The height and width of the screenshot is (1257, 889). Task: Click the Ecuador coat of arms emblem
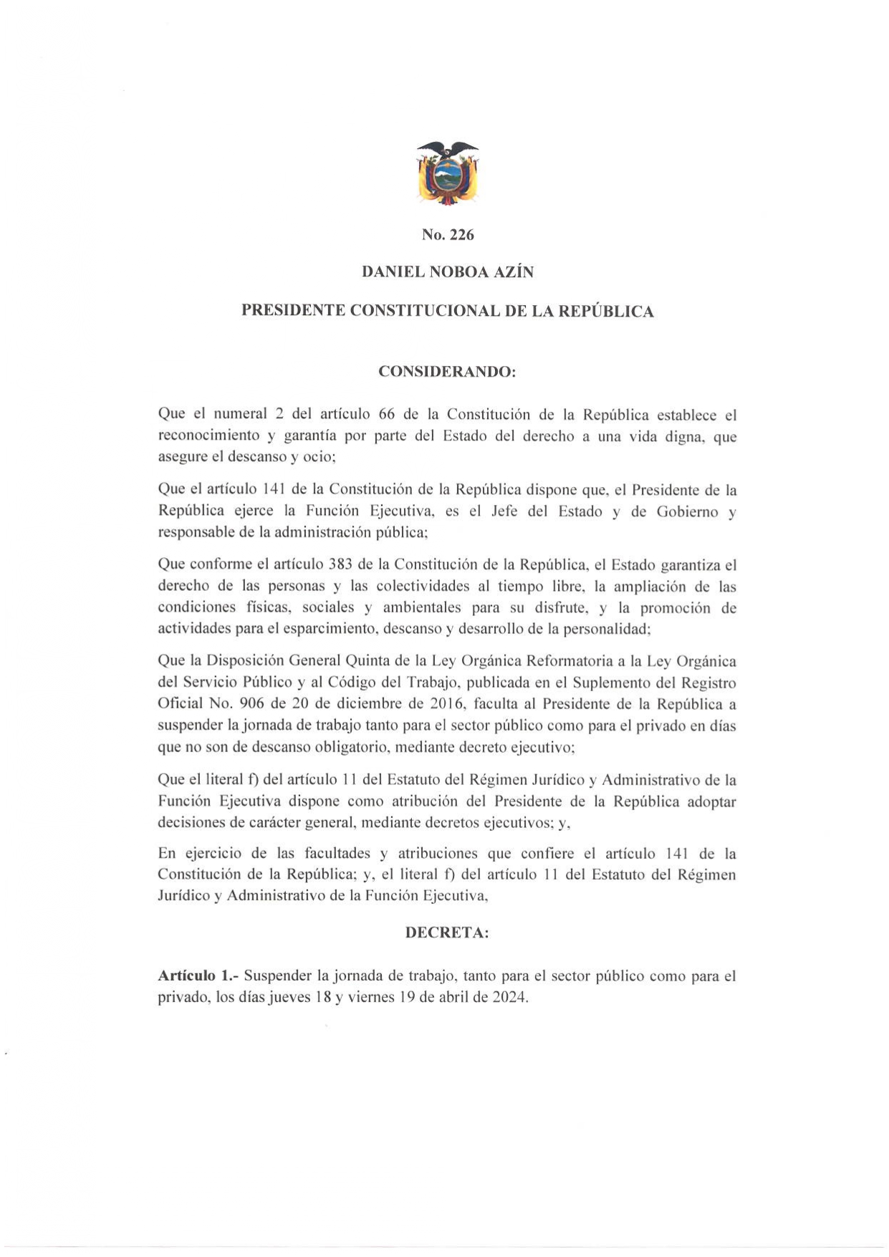tap(448, 172)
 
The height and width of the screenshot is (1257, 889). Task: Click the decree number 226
tap(462, 235)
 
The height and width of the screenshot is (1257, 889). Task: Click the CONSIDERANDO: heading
tap(447, 372)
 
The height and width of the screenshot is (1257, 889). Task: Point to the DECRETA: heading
tap(447, 933)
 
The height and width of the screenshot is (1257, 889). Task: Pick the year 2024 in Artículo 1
tap(509, 997)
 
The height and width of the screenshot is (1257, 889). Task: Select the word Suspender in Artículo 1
tap(278, 976)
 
